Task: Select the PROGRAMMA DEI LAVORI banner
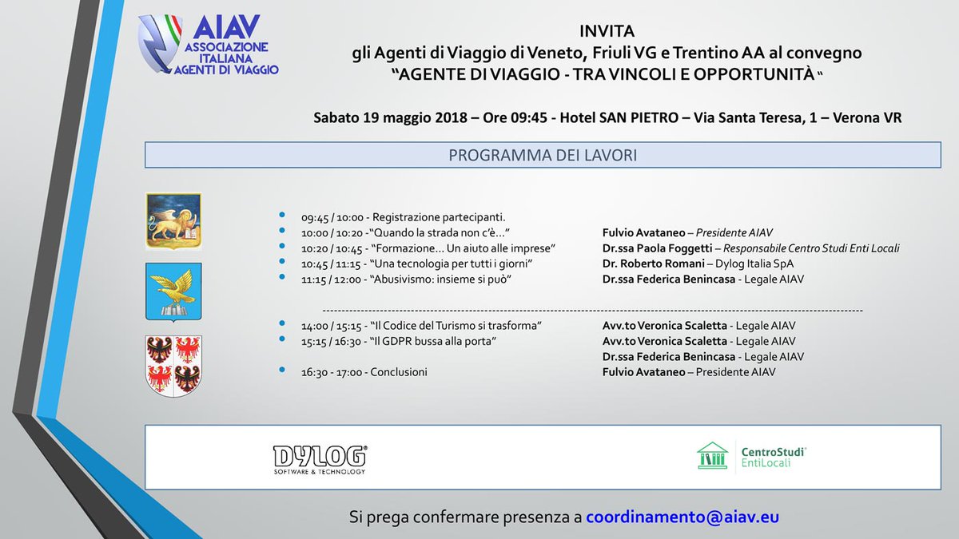(x=542, y=155)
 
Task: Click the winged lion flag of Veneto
(x=173, y=220)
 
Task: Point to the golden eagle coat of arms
(x=173, y=291)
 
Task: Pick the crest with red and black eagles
(x=173, y=365)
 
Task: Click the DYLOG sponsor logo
(x=320, y=458)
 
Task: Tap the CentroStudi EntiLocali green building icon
(x=712, y=456)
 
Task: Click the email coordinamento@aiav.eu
(x=682, y=517)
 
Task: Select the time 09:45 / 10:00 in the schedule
(x=333, y=217)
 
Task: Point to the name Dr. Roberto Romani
(x=653, y=264)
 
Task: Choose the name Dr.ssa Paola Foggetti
(x=657, y=248)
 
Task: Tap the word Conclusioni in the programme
(x=399, y=372)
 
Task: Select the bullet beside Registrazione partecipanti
(x=281, y=216)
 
